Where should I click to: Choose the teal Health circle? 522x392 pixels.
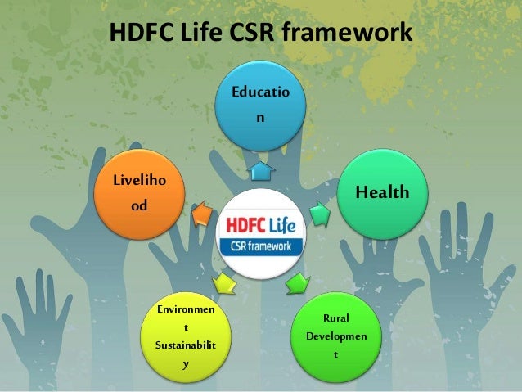click(x=381, y=193)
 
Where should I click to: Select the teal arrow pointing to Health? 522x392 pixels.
click(x=320, y=214)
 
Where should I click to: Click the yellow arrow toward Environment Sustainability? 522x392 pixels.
click(x=223, y=282)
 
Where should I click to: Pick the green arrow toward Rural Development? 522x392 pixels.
click(x=296, y=283)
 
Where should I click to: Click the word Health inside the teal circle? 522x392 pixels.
click(x=381, y=193)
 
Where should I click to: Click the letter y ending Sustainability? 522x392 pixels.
click(x=186, y=363)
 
